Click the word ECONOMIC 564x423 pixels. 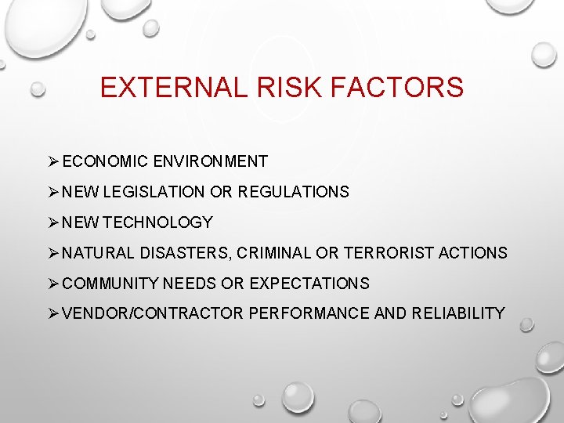point(106,162)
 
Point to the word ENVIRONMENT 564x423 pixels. point(211,162)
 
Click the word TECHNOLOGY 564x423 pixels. point(157,222)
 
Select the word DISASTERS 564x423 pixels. point(186,253)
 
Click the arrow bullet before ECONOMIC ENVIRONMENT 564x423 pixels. point(53,162)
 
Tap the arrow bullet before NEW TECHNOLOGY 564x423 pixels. point(53,222)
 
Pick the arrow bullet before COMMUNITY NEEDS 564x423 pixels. point(53,284)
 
